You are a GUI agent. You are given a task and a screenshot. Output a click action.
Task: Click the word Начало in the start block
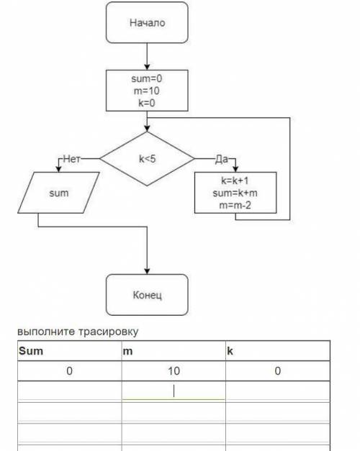[147, 22]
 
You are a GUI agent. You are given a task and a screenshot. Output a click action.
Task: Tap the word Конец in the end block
[147, 295]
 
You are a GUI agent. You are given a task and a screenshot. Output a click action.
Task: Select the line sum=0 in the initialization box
[147, 78]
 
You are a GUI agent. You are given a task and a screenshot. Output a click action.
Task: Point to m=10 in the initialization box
[147, 91]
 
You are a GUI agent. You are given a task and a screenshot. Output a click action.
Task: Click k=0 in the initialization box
[147, 103]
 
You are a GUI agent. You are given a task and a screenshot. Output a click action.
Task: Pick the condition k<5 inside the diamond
[147, 158]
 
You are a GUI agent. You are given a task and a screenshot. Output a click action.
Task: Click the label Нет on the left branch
[72, 158]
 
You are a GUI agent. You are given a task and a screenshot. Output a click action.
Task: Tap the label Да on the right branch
[222, 159]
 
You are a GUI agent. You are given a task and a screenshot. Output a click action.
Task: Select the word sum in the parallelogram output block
[59, 193]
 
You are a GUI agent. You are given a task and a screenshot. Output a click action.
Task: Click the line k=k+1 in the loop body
[235, 181]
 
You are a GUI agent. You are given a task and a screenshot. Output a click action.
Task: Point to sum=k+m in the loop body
[235, 193]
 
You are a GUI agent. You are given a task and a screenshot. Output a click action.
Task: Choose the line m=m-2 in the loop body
[235, 205]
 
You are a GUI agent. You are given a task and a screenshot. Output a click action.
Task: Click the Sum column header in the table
[31, 351]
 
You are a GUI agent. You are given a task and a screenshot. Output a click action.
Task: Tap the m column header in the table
[127, 351]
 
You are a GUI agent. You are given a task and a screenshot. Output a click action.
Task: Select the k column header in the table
[230, 351]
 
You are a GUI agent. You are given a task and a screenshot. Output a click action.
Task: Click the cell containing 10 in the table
[174, 370]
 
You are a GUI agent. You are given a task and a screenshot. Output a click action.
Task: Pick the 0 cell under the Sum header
[69, 370]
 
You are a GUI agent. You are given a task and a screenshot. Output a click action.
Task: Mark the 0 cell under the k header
[278, 370]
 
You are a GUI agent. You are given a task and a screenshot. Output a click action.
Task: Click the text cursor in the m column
[174, 391]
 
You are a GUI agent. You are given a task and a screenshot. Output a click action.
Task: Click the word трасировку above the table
[108, 332]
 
